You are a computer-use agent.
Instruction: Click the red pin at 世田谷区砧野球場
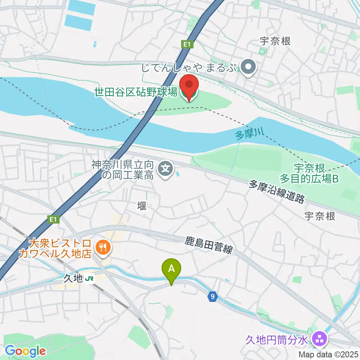189,87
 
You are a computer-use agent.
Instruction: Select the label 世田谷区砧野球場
136,92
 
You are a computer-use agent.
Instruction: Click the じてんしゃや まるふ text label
189,68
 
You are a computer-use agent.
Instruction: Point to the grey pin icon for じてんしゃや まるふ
248,68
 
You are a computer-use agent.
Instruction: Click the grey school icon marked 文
165,169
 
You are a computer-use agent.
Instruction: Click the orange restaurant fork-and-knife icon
102,247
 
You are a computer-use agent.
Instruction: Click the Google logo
25,351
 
